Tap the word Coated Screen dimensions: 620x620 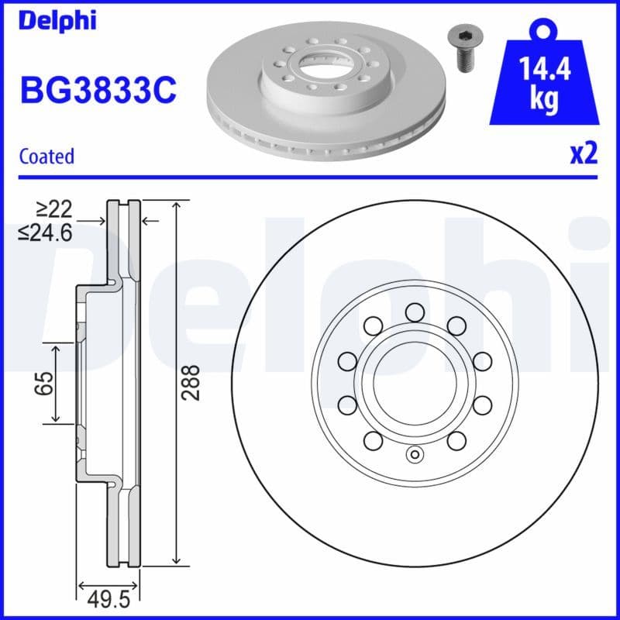46,156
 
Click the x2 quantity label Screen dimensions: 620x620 584,154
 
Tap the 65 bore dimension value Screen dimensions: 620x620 45,383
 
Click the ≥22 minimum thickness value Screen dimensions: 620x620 53,208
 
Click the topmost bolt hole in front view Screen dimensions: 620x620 414,312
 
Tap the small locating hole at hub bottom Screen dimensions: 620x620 414,455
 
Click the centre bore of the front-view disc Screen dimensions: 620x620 414,383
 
